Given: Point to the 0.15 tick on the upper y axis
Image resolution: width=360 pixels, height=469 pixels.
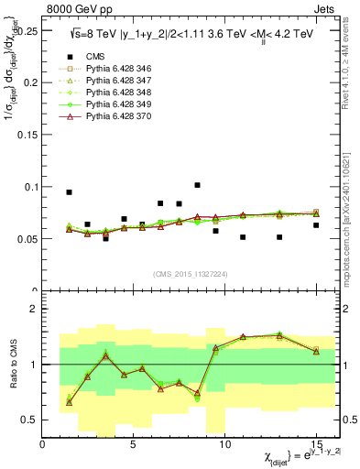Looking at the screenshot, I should pyautogui.click(x=27, y=135).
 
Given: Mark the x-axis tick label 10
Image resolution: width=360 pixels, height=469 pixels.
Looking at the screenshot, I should pyautogui.click(x=224, y=442).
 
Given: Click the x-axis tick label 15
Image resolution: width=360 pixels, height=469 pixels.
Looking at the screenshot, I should pyautogui.click(x=315, y=442).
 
